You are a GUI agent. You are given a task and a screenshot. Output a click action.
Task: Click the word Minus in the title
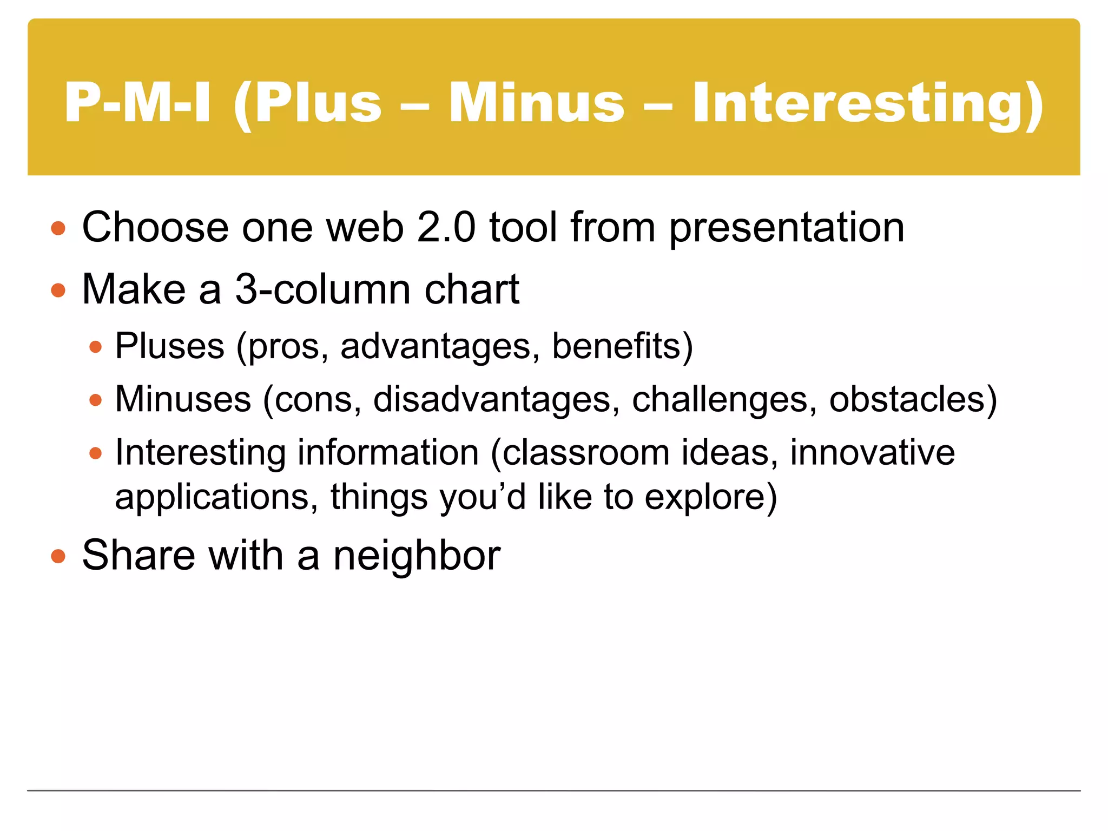pos(536,103)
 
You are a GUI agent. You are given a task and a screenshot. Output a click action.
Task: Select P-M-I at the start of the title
pos(137,103)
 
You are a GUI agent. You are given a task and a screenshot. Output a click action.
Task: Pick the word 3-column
pos(322,289)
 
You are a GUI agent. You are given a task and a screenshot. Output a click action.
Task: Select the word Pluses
pos(169,346)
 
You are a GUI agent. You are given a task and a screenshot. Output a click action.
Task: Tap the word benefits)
pos(622,346)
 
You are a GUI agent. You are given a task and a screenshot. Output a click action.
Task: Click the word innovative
pos(872,452)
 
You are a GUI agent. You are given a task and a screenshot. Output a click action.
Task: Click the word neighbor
pos(417,556)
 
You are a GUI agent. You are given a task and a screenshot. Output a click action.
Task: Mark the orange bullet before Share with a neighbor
pos(58,556)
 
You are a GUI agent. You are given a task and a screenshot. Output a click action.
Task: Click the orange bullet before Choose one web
pos(58,228)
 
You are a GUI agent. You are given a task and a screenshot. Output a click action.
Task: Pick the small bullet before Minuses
pos(96,400)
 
